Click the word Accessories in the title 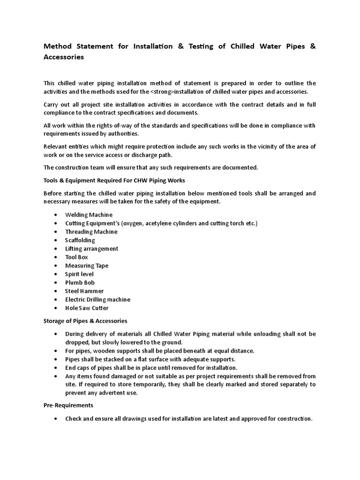tap(64, 57)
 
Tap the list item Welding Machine tap(89, 215)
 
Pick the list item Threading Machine tap(91, 232)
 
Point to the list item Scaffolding tap(80, 240)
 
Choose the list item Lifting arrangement tap(91, 248)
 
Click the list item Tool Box tap(76, 257)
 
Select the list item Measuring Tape tap(87, 265)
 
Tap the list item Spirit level tap(79, 274)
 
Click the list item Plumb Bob tap(80, 282)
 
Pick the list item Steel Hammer tap(84, 291)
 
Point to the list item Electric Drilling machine tap(97, 299)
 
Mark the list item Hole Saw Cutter tap(87, 308)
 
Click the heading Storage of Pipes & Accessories tap(85, 321)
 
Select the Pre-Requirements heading tap(68, 405)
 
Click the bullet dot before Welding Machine tap(56, 215)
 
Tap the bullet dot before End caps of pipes tap(56, 367)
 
